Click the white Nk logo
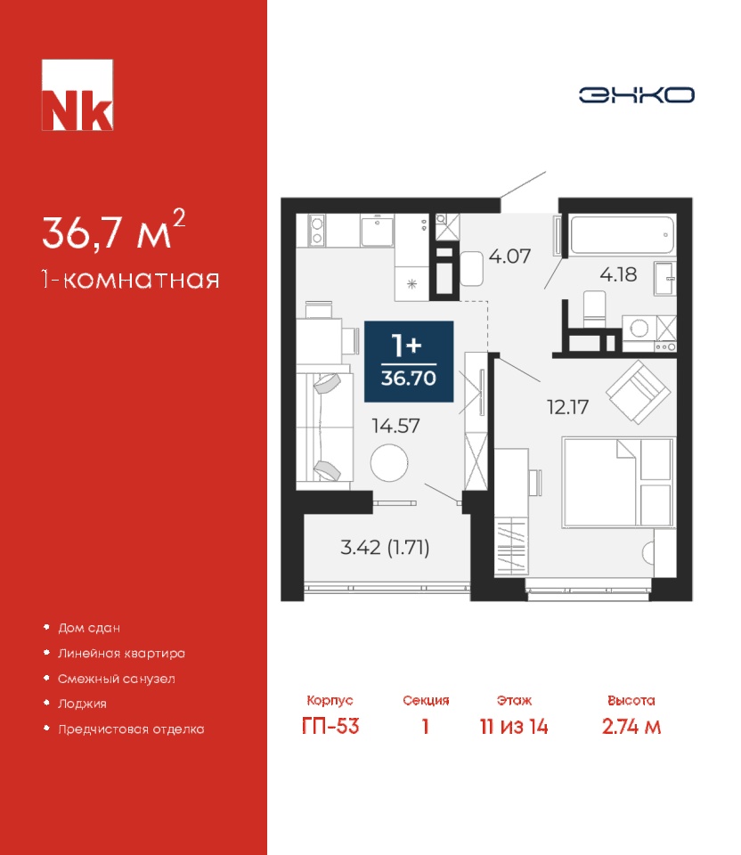pos(77,95)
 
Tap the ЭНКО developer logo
pos(636,95)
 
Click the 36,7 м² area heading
pos(114,230)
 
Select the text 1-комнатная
pos(131,280)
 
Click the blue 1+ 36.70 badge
pos(409,361)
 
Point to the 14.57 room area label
pos(395,426)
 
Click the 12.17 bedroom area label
pos(567,407)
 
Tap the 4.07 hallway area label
pos(509,256)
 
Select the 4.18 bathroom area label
pos(618,274)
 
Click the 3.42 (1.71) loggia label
pos(385,547)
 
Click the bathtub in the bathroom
pos(623,234)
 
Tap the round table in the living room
pos(389,463)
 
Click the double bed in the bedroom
pos(618,482)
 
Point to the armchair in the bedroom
pos(638,392)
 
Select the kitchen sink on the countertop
pos(377,230)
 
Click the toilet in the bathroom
pos(594,309)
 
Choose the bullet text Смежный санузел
pos(117,679)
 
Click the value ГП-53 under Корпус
pos(330,727)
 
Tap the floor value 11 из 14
pos(514,727)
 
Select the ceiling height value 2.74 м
pos(631,727)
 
